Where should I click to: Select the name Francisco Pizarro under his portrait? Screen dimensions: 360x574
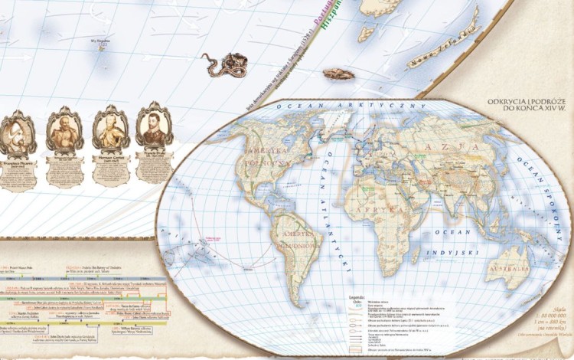click(x=16, y=164)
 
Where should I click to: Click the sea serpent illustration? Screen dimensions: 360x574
click(x=223, y=64)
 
